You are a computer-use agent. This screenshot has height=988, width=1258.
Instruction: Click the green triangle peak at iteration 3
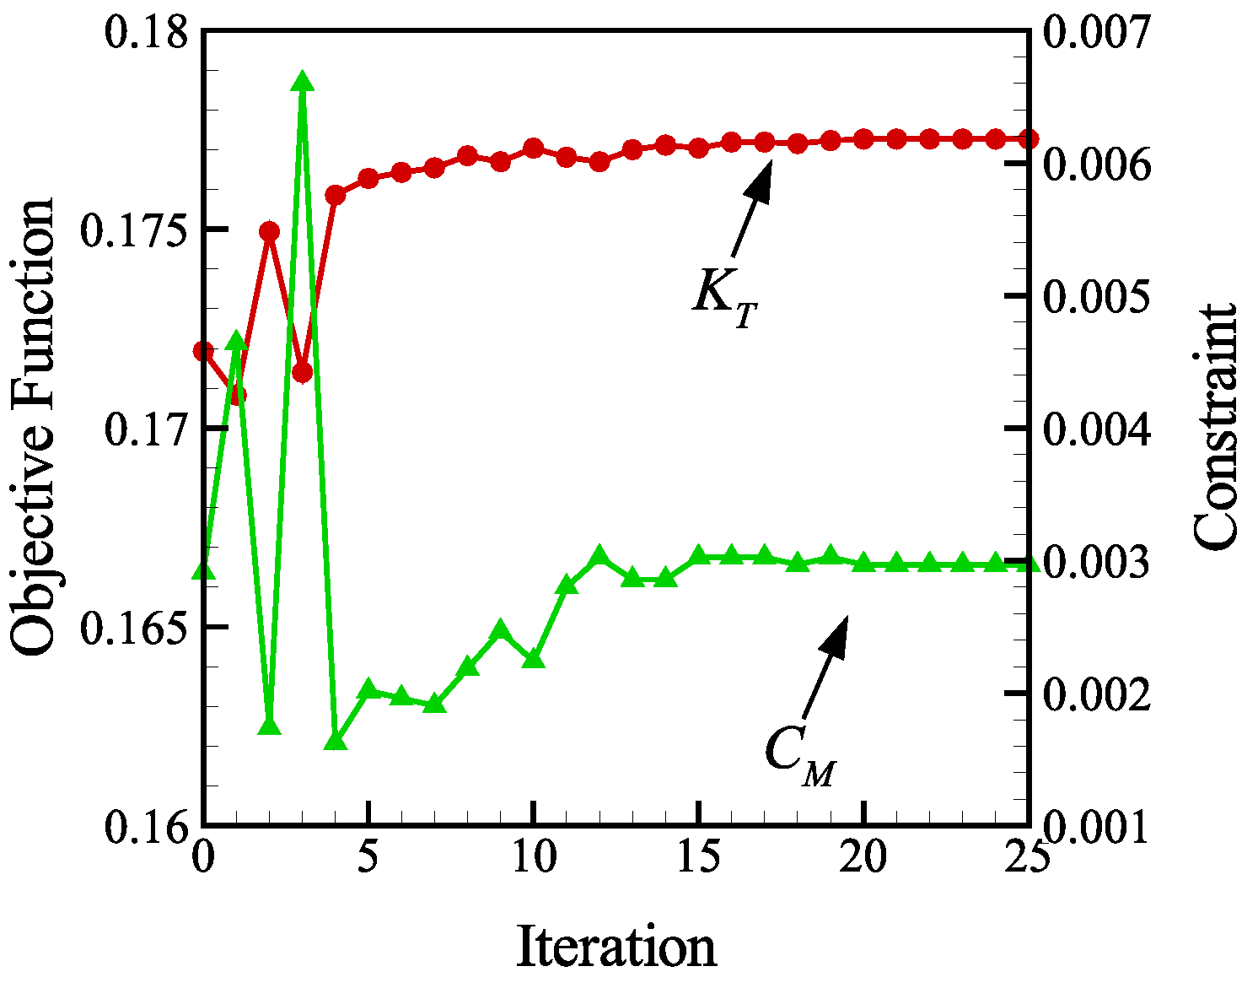click(303, 82)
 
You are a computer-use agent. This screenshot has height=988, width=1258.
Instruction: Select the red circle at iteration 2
click(270, 232)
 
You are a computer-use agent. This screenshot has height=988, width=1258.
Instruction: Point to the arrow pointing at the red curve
click(751, 208)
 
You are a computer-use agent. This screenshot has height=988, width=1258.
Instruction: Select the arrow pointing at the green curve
click(825, 667)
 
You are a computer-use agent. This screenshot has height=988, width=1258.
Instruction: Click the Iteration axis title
click(616, 947)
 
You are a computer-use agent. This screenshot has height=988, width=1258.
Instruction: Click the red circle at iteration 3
click(303, 372)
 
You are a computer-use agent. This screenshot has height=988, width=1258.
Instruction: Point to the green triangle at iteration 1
click(237, 341)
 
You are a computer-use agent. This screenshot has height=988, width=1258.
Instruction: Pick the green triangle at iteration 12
click(599, 556)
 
